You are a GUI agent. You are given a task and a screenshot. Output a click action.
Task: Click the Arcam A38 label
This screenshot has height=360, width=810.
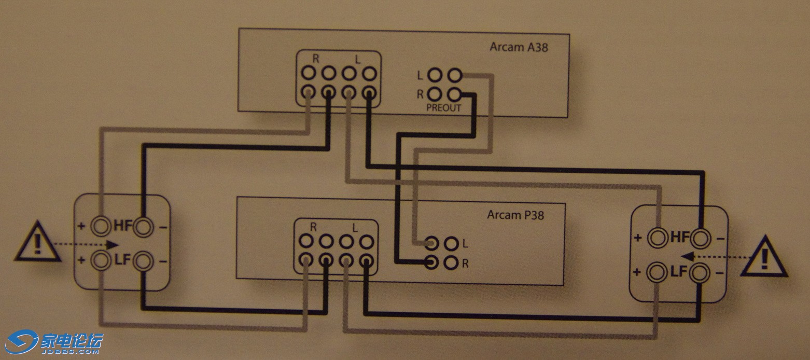519,47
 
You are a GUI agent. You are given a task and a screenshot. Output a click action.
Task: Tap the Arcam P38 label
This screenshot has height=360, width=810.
515,214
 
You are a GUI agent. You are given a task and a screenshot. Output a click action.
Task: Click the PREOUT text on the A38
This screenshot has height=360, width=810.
444,107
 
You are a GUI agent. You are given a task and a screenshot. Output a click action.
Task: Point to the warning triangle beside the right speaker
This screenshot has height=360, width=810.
763,257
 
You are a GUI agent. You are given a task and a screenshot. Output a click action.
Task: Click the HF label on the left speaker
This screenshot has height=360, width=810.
123,226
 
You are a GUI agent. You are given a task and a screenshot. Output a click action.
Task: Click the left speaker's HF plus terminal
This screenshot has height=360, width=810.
100,226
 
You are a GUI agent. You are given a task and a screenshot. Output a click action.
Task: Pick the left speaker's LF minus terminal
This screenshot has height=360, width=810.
142,260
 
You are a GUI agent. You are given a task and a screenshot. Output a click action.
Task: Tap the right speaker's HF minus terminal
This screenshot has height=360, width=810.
700,238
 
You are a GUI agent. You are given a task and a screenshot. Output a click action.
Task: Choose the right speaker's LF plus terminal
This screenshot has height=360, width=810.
658,272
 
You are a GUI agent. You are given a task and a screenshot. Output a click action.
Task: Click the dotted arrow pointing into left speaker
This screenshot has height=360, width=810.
86,244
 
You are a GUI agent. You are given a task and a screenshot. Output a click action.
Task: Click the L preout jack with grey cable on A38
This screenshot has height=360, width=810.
454,76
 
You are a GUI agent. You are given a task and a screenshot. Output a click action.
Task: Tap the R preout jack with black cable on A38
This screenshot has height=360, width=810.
454,95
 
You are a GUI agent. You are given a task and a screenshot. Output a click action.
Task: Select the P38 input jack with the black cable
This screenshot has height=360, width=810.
430,262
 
